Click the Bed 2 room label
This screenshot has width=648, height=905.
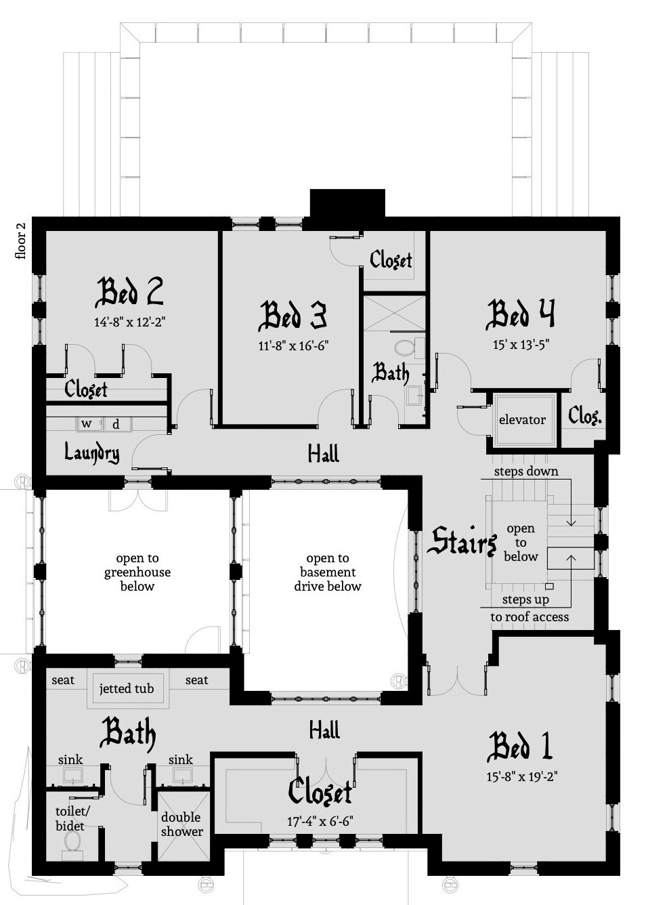pyautogui.click(x=129, y=292)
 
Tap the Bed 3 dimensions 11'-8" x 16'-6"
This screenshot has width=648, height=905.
pyautogui.click(x=293, y=345)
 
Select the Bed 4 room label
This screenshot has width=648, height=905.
pyautogui.click(x=520, y=314)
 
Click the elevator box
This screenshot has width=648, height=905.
pyautogui.click(x=521, y=420)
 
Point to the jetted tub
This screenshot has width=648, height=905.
pyautogui.click(x=127, y=689)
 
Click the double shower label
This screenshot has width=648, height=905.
pyautogui.click(x=181, y=824)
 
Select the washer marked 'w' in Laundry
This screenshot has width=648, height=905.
pyautogui.click(x=87, y=424)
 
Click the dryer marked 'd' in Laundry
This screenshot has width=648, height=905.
pyautogui.click(x=116, y=424)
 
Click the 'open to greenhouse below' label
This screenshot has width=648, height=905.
pyautogui.click(x=137, y=572)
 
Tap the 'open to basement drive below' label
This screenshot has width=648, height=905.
pyautogui.click(x=328, y=572)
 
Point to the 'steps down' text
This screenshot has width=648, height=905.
pyautogui.click(x=525, y=471)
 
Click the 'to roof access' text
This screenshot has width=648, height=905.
pyautogui.click(x=530, y=617)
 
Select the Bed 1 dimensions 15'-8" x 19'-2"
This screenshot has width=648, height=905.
pyautogui.click(x=521, y=777)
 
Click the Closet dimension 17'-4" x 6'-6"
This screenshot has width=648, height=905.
pyautogui.click(x=320, y=822)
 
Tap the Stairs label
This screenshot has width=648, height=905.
pyautogui.click(x=462, y=542)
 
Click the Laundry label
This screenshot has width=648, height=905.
pyautogui.click(x=91, y=452)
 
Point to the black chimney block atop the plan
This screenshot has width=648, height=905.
pyautogui.click(x=347, y=203)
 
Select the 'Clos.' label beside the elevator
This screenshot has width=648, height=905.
pyautogui.click(x=584, y=416)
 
